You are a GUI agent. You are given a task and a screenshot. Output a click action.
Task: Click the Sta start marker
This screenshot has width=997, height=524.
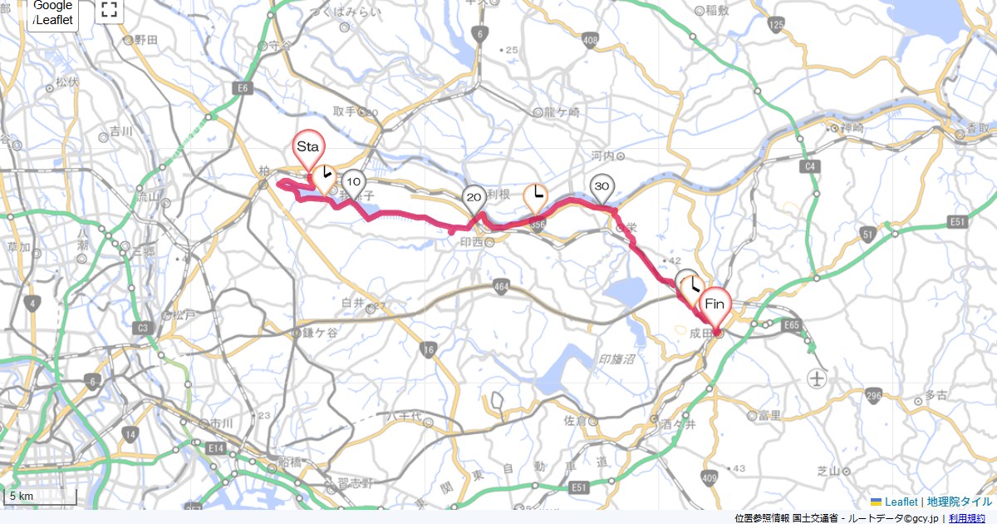tap(308, 147)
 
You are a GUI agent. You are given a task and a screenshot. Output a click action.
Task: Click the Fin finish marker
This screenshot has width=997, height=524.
tap(715, 305)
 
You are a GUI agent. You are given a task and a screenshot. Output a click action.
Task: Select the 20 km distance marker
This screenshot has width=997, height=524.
tap(474, 198)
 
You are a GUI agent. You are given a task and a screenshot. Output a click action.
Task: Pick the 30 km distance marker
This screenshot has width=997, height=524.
tap(602, 186)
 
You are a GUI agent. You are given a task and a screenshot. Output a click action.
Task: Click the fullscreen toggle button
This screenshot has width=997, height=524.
tap(109, 11)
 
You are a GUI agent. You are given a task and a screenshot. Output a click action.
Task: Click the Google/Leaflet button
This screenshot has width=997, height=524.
tap(53, 14)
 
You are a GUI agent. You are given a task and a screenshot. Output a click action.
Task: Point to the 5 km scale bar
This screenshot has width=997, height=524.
tap(40, 497)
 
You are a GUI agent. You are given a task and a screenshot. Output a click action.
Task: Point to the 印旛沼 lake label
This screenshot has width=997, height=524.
tap(617, 358)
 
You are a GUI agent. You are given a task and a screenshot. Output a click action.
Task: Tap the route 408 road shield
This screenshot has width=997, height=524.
tap(591, 39)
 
